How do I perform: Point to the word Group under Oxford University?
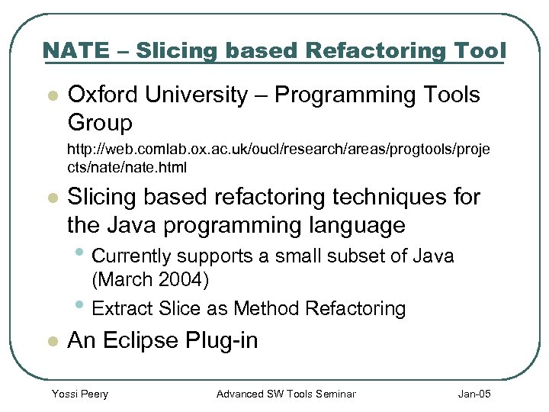(100, 122)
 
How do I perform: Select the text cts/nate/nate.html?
(127, 166)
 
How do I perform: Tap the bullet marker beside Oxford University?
(51, 96)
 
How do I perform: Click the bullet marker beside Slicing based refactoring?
(51, 198)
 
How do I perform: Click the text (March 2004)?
(150, 279)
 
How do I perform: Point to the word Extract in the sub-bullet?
(123, 308)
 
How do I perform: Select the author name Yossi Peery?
(79, 394)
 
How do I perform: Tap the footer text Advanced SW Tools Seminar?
(286, 394)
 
